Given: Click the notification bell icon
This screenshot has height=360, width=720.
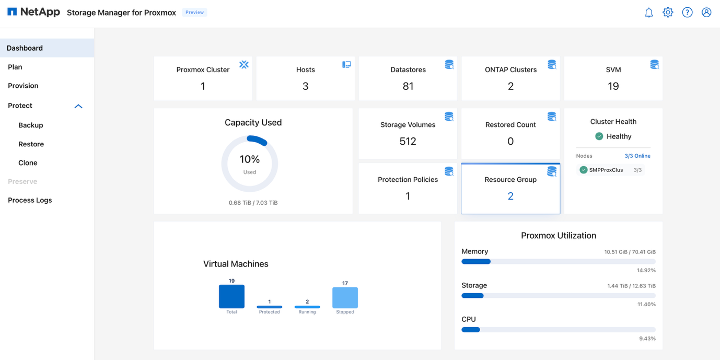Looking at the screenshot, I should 648,13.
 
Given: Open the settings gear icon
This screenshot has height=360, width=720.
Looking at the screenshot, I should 668,13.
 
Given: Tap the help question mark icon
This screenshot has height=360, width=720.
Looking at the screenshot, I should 687,13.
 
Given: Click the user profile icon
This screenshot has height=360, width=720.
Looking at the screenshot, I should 706,13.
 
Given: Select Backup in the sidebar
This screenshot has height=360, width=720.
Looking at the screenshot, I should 31,125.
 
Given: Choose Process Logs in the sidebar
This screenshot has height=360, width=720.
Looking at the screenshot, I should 30,200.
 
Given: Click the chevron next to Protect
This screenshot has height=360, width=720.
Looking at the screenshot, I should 78,106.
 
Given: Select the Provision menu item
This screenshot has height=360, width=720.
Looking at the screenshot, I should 23,86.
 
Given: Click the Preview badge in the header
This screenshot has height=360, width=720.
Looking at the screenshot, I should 194,13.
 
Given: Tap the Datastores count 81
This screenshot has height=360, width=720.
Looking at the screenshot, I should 408,86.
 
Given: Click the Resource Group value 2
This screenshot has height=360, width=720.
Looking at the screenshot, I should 510,196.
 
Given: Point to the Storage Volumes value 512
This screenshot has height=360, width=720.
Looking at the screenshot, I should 408,141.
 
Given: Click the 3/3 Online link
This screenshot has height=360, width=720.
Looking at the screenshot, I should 637,156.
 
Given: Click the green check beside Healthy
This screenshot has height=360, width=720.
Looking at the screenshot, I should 599,136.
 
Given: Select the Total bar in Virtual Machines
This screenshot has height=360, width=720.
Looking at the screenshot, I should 231,297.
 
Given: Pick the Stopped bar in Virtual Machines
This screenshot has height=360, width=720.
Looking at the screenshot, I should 345,298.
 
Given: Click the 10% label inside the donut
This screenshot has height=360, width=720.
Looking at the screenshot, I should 250,159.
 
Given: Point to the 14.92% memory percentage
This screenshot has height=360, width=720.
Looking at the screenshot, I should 646,270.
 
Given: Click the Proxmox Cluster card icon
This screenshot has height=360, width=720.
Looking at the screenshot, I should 244,65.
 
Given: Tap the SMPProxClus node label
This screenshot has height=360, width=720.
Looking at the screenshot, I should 606,170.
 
